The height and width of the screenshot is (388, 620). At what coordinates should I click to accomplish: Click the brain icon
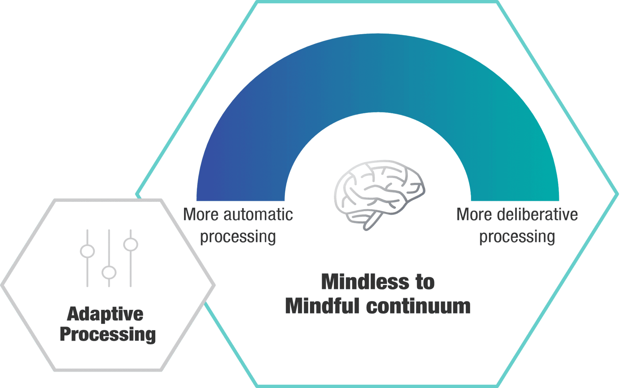(379, 192)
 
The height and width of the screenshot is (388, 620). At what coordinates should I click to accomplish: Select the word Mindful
(322, 306)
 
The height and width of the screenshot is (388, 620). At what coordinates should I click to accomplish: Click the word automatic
(258, 215)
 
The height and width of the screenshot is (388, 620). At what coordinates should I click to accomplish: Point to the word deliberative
(537, 215)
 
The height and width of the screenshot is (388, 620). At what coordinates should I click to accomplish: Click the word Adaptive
(105, 314)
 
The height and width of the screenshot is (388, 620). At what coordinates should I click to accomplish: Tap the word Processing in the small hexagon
(108, 334)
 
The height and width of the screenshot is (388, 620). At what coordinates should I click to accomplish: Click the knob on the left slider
(87, 251)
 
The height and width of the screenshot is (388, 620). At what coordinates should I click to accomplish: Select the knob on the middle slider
(109, 272)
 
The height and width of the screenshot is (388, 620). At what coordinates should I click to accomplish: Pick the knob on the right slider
(130, 244)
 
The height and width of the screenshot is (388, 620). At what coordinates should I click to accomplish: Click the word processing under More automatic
(238, 236)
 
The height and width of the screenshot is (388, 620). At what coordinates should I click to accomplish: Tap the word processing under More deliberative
(517, 236)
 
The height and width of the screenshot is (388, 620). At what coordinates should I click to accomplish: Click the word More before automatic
(201, 215)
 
